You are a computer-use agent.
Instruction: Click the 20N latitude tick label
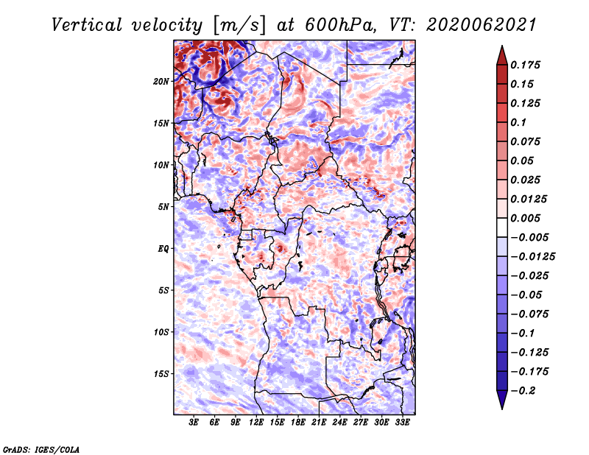(161, 82)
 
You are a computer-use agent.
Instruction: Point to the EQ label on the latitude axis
(163, 249)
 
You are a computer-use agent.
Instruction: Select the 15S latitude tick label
(161, 374)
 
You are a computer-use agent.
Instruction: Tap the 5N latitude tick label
(163, 207)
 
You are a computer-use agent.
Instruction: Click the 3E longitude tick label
(194, 423)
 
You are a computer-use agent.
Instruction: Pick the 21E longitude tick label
(319, 423)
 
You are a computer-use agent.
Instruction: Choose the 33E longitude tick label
(402, 423)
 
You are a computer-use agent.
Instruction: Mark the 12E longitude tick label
(255, 423)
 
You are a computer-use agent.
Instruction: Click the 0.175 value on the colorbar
(526, 65)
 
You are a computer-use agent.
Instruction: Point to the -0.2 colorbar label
(523, 391)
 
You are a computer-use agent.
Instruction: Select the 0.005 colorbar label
(526, 218)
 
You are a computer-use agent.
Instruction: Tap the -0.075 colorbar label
(529, 314)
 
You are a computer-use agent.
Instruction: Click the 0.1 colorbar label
(519, 122)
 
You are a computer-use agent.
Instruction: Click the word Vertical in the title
(87, 25)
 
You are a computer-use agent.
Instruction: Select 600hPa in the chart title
(340, 25)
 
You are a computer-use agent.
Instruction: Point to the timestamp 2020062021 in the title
(481, 25)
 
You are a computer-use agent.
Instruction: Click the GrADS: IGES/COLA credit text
(41, 450)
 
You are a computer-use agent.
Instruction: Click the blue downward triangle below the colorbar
(502, 399)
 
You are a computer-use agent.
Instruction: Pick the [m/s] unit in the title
(239, 26)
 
